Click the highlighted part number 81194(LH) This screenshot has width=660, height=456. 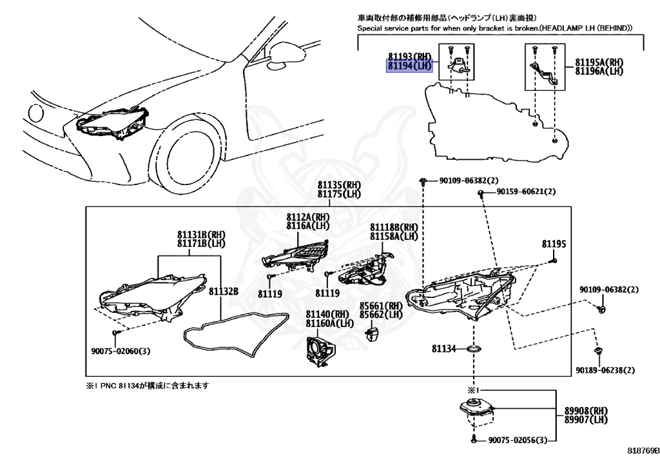point(409,66)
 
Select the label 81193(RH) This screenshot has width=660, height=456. point(409,57)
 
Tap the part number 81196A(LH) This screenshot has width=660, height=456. point(599,71)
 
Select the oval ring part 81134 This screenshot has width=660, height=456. point(474,349)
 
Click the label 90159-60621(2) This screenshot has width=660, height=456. point(526,192)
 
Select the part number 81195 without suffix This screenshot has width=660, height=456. point(554,244)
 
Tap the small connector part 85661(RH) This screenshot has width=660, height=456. point(372,333)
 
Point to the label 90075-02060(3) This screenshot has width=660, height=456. point(121,352)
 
